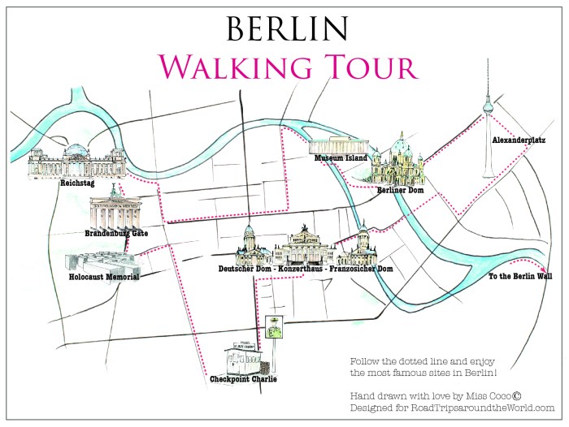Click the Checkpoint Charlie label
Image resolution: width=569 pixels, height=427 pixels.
(245, 378)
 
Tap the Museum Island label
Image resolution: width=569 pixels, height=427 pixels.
(342, 157)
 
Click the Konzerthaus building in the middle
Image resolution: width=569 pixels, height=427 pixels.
(305, 247)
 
